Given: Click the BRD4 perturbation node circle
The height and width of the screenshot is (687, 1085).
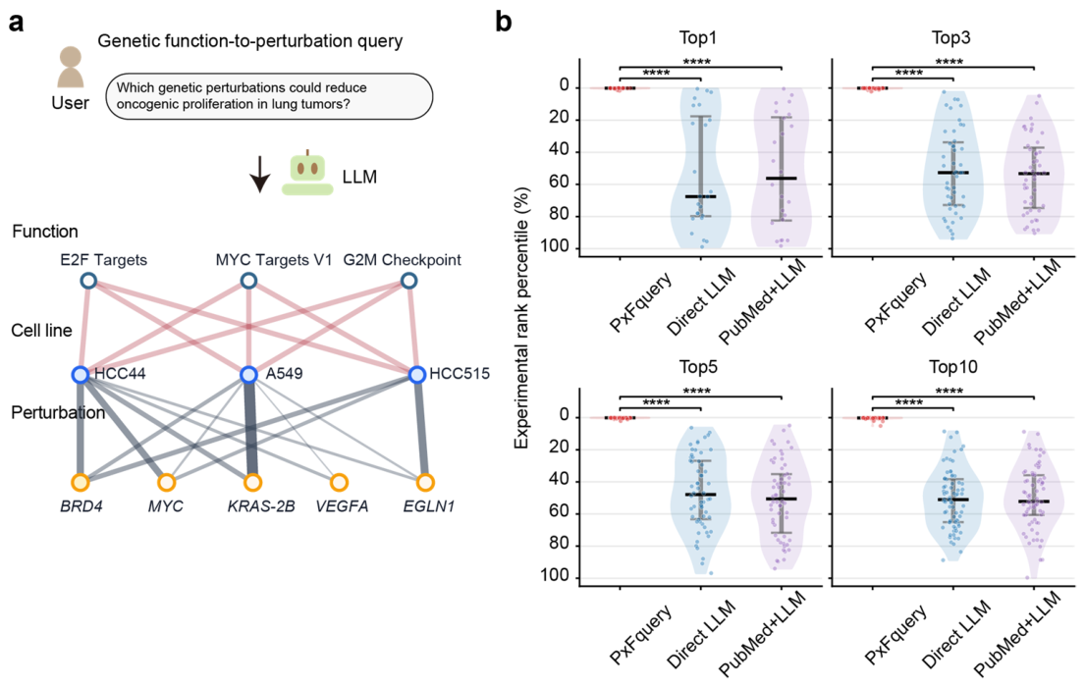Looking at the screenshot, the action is pyautogui.click(x=81, y=482).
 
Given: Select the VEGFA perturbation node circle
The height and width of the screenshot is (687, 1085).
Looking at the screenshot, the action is pyautogui.click(x=339, y=482).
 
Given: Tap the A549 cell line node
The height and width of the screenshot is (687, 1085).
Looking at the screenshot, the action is pyautogui.click(x=249, y=375).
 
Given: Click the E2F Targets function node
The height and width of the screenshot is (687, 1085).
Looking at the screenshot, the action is pyautogui.click(x=87, y=281).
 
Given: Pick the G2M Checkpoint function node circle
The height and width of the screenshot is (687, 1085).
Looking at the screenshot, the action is pyautogui.click(x=408, y=281).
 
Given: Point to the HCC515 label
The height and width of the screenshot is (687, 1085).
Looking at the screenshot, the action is pyautogui.click(x=460, y=374).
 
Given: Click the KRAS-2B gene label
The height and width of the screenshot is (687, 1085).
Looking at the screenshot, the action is pyautogui.click(x=261, y=506).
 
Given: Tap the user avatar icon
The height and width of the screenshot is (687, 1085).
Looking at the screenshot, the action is pyautogui.click(x=71, y=67).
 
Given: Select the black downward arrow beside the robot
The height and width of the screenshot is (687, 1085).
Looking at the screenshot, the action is pyautogui.click(x=259, y=174).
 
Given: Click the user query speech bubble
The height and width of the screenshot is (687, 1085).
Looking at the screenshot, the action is pyautogui.click(x=269, y=96).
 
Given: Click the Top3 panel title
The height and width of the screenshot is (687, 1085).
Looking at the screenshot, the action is pyautogui.click(x=950, y=37).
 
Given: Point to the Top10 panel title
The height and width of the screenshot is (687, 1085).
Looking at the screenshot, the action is pyautogui.click(x=952, y=367).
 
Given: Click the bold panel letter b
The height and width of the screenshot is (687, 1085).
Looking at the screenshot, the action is pyautogui.click(x=504, y=22).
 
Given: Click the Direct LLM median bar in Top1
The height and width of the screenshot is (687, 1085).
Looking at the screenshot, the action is pyautogui.click(x=700, y=196).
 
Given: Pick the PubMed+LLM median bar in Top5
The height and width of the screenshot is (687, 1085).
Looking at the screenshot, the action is pyautogui.click(x=782, y=499).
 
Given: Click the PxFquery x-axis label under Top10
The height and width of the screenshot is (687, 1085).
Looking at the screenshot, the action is pyautogui.click(x=896, y=634).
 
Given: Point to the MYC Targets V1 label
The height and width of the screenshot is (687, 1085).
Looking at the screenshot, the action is pyautogui.click(x=274, y=260).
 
